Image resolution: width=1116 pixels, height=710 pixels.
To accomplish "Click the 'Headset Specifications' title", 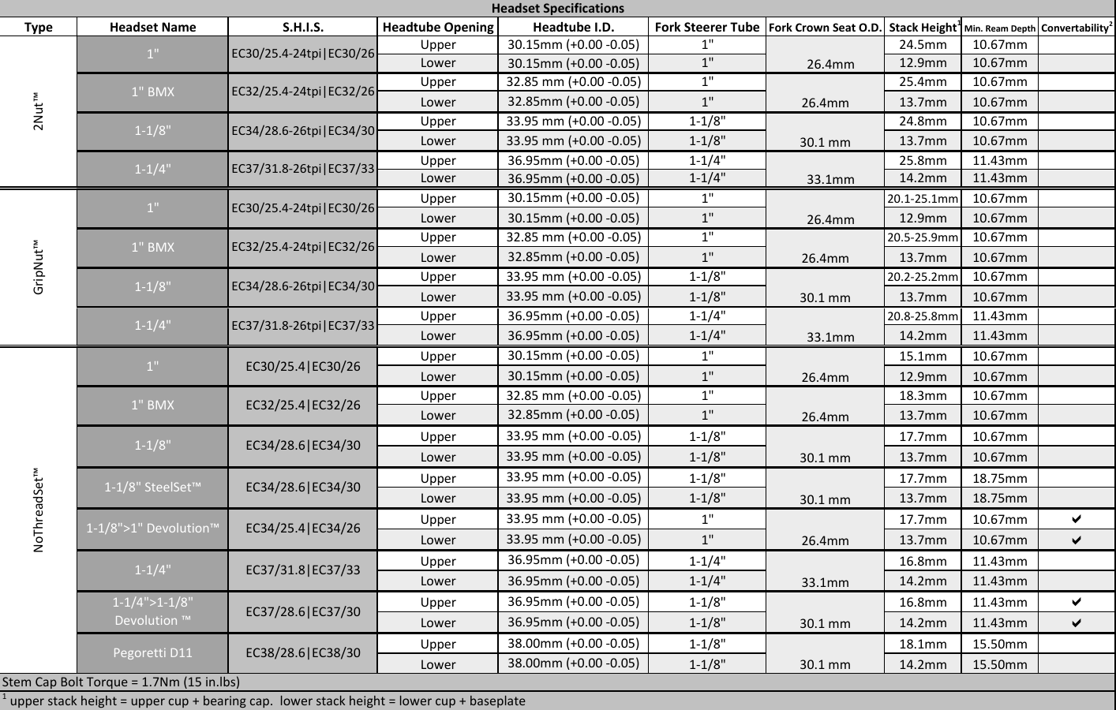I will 557,9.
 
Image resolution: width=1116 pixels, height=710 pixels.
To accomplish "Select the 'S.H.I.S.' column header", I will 302,27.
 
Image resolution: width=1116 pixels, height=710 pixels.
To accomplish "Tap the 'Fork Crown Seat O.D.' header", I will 825,28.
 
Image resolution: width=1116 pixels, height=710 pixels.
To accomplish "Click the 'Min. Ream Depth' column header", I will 999,28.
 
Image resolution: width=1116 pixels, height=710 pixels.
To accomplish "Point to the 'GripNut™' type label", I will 39,267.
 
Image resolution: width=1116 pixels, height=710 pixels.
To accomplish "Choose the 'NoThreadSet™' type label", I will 39,510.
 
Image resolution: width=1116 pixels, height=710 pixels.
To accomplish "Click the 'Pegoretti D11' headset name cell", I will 152,653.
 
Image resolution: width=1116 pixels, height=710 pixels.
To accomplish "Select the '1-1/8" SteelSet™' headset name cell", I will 152,488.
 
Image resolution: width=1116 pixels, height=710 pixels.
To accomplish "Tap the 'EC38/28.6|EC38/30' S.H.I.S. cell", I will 302,653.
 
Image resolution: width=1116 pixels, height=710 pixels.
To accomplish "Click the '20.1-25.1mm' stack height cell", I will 923,199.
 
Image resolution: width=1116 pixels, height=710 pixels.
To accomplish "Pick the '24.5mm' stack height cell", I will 923,45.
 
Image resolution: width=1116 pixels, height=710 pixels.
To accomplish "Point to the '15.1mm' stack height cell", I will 923,357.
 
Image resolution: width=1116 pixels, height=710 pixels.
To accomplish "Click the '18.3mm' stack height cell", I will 923,396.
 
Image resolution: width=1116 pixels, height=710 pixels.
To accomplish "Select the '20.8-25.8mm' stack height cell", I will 923,316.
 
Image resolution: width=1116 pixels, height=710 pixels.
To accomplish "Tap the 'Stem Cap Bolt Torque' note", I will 122,682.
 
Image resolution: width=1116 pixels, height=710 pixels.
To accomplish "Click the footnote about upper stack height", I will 264,701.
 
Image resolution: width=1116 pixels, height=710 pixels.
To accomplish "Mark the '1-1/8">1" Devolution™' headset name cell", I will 152,529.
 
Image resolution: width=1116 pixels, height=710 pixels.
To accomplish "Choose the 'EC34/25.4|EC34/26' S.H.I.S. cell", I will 302,529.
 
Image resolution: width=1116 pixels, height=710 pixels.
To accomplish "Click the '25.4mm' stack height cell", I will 923,82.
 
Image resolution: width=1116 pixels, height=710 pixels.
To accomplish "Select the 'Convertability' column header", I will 1077,28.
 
